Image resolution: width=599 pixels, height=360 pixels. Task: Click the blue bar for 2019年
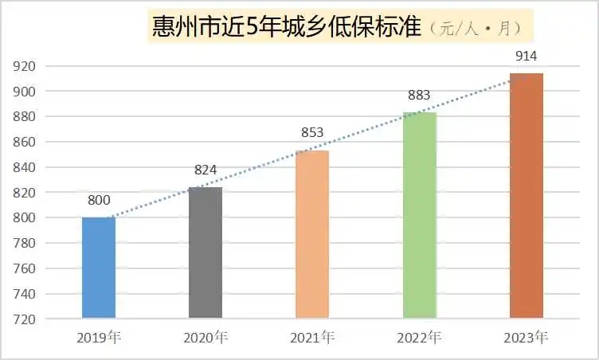tap(99, 268)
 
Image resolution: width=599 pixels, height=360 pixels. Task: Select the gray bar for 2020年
tap(205, 252)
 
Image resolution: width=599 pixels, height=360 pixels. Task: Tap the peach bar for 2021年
tap(311, 234)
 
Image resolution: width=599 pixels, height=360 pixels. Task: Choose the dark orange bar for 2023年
tap(526, 196)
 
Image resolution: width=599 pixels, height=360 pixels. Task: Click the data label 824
tap(205, 170)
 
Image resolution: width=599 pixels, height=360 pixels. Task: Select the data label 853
tap(312, 132)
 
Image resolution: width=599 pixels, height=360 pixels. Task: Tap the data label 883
tap(418, 96)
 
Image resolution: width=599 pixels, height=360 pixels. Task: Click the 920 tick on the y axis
tap(25, 66)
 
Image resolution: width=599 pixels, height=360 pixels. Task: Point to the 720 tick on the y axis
tap(25, 319)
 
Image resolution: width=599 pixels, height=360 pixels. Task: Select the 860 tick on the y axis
tap(25, 142)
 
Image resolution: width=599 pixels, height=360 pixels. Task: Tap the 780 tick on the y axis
tap(25, 243)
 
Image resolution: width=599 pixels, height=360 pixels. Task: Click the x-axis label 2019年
tap(99, 337)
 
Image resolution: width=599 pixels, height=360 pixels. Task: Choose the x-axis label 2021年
tap(312, 337)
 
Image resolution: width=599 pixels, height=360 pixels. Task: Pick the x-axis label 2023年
tap(526, 337)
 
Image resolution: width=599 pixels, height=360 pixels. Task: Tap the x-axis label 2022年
tap(419, 337)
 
